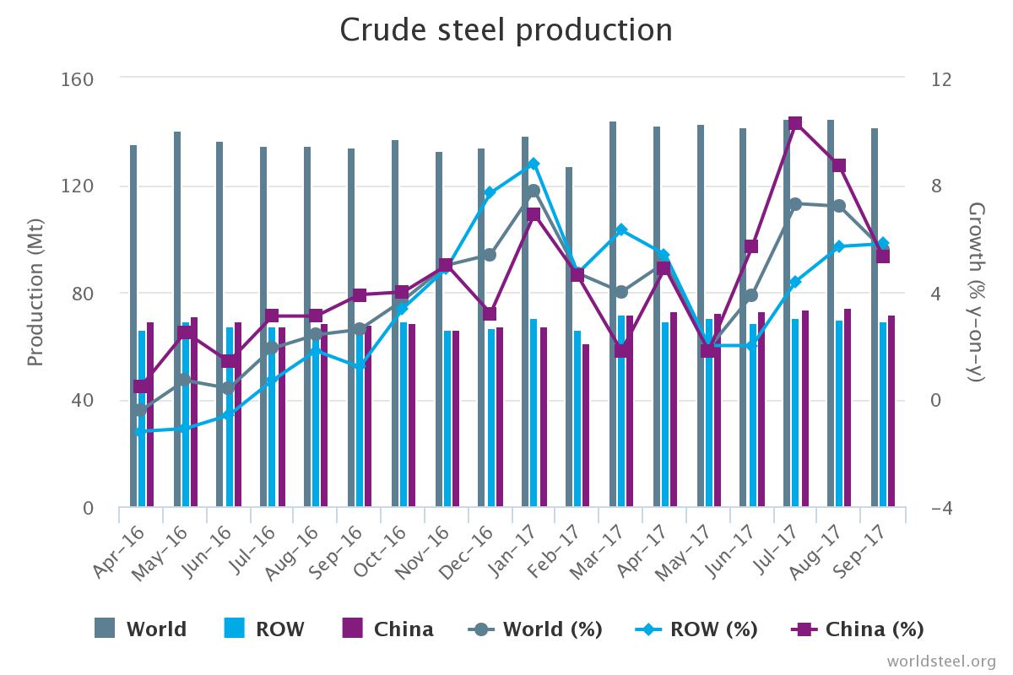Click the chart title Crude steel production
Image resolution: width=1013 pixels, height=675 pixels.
506,30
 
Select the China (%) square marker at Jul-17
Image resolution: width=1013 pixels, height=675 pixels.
794,123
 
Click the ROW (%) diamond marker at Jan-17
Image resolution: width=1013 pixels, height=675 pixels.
534,164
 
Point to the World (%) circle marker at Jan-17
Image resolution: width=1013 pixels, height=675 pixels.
534,192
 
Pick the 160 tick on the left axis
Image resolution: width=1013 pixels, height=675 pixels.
78,79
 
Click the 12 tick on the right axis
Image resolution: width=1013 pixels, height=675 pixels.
941,79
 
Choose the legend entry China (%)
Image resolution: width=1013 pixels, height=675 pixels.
859,629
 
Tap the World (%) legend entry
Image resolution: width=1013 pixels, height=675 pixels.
535,629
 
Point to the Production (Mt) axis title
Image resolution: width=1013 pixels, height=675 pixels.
35,294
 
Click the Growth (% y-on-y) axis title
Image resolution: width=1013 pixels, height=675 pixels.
976,292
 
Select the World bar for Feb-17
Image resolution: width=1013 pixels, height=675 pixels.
569,337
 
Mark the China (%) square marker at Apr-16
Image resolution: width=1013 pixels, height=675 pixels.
143,386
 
